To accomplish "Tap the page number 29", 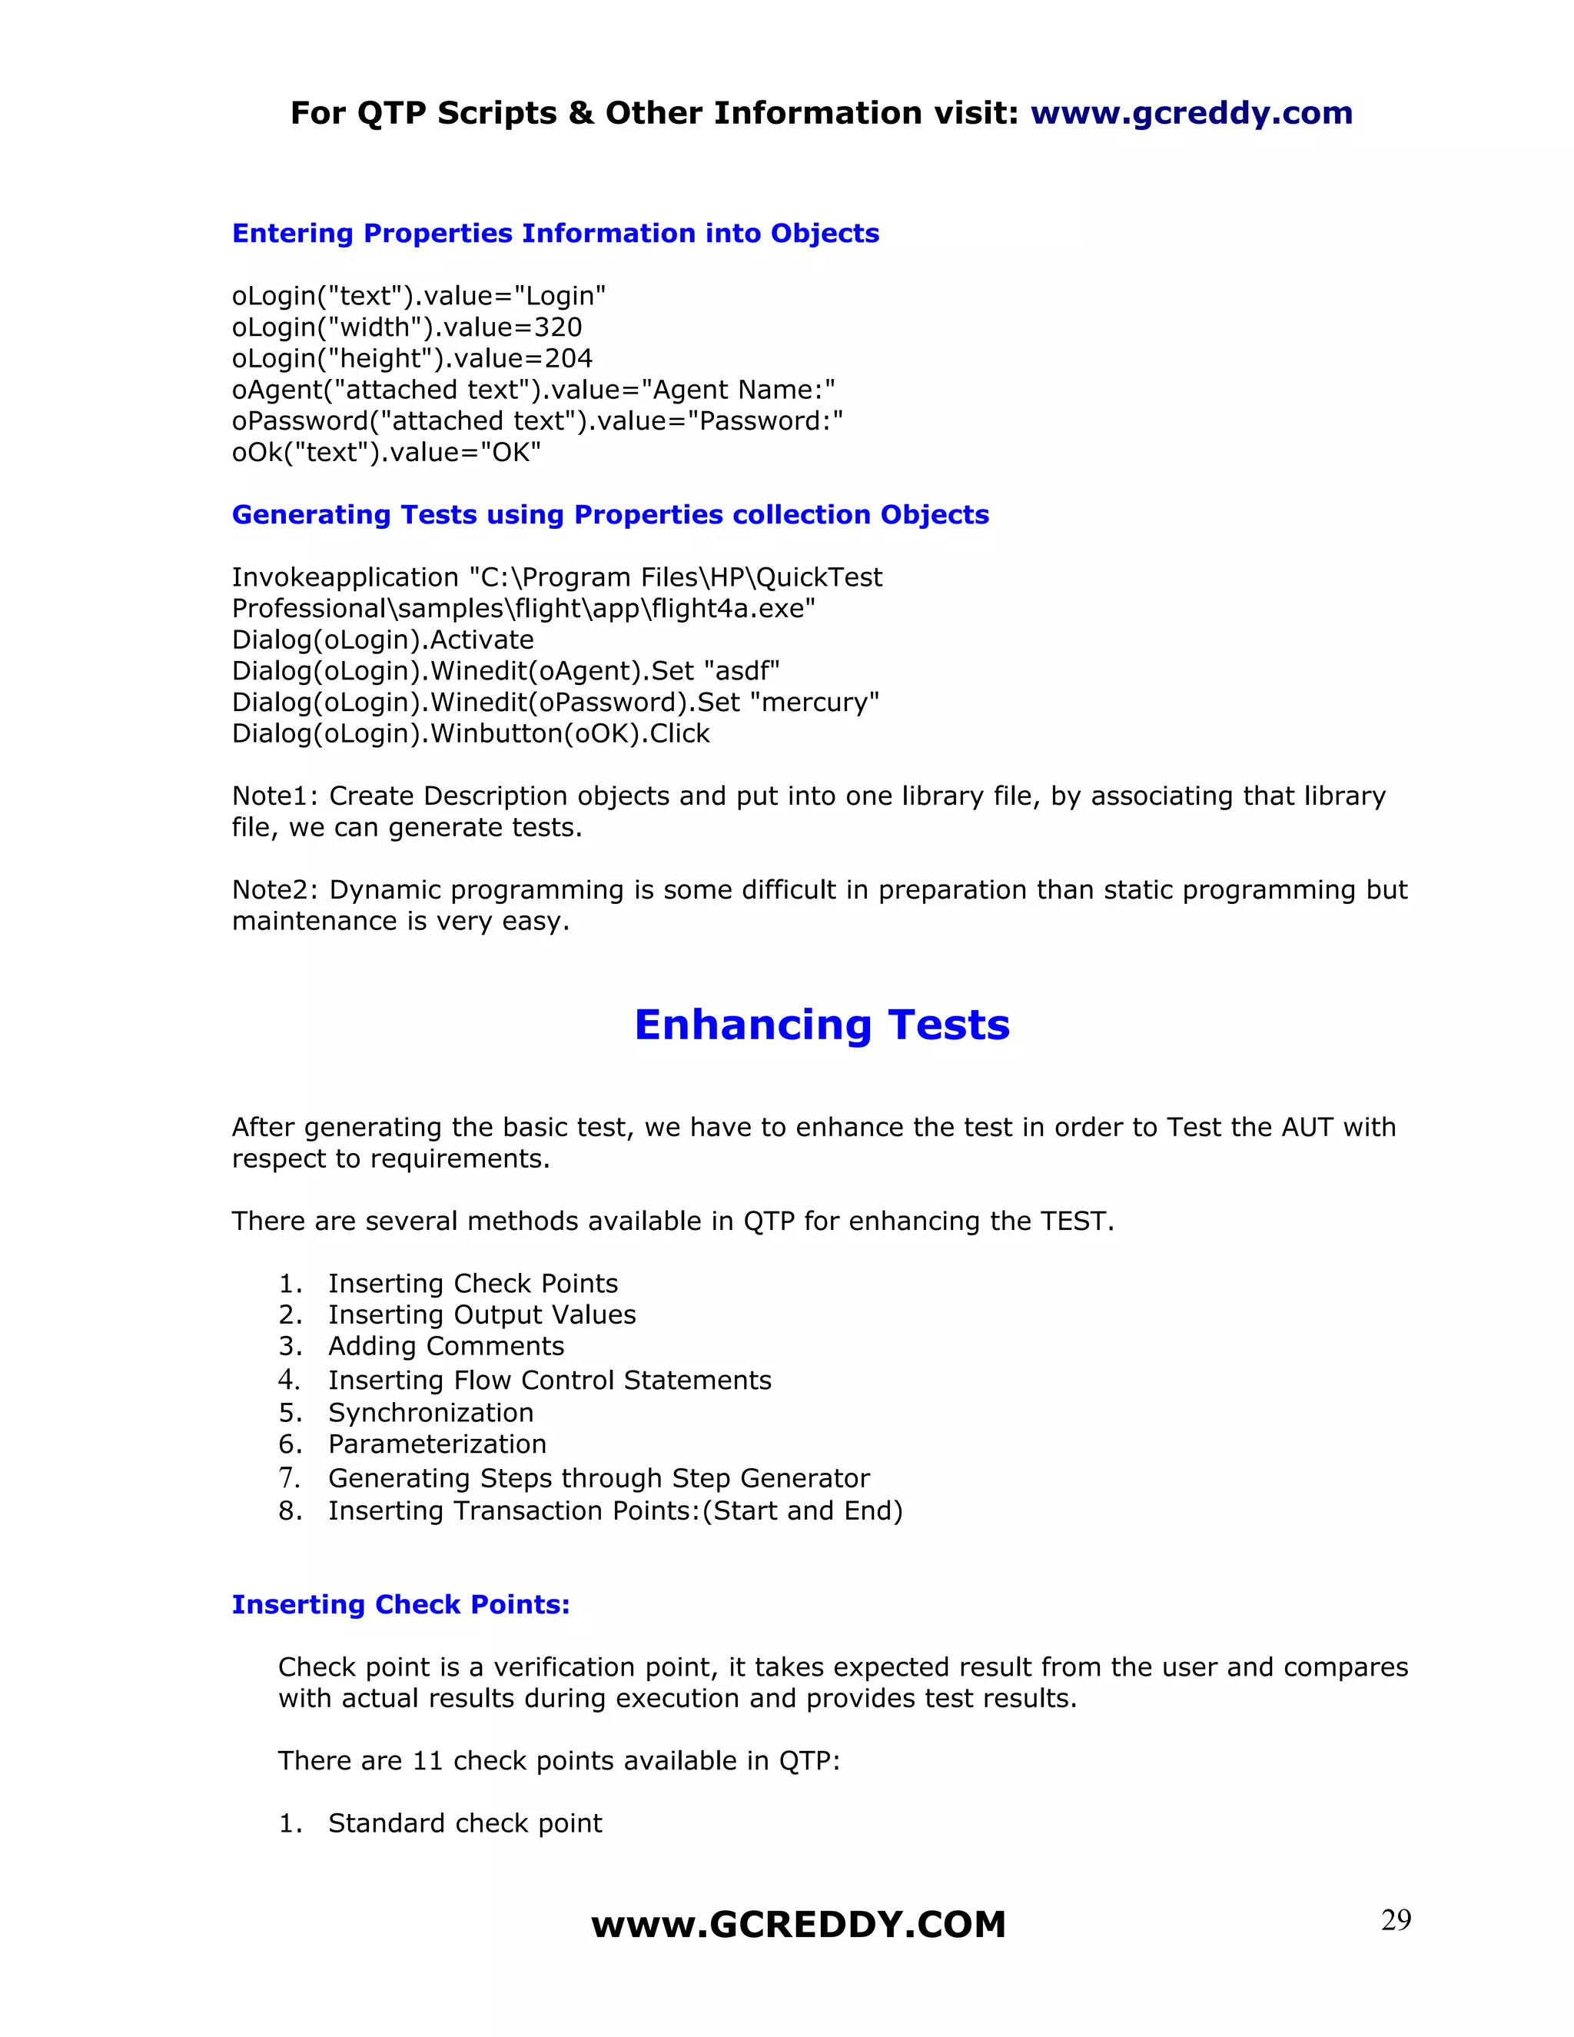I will [x=1395, y=1919].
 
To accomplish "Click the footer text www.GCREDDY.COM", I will [x=799, y=1925].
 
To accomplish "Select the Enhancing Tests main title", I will [x=822, y=1024].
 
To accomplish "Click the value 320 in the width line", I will [x=558, y=327].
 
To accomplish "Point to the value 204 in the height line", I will [x=569, y=358].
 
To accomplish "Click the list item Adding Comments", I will [x=446, y=1346].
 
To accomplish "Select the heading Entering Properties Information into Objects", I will [x=555, y=233].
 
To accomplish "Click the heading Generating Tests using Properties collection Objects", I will [x=609, y=515].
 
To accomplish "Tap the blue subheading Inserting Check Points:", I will [x=400, y=1604].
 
